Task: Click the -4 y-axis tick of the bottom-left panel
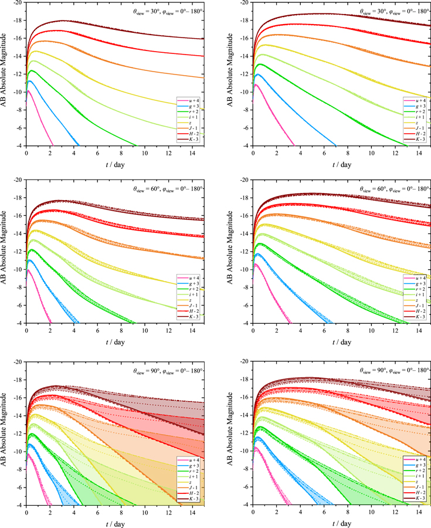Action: (18, 505)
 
